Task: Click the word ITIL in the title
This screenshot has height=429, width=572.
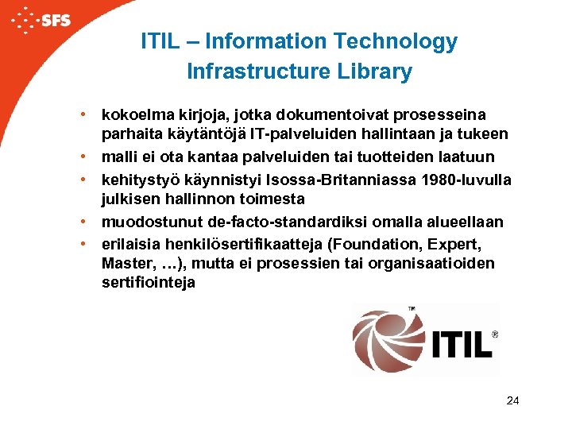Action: [x=160, y=41]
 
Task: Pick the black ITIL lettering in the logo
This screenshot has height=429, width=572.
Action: [x=461, y=344]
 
